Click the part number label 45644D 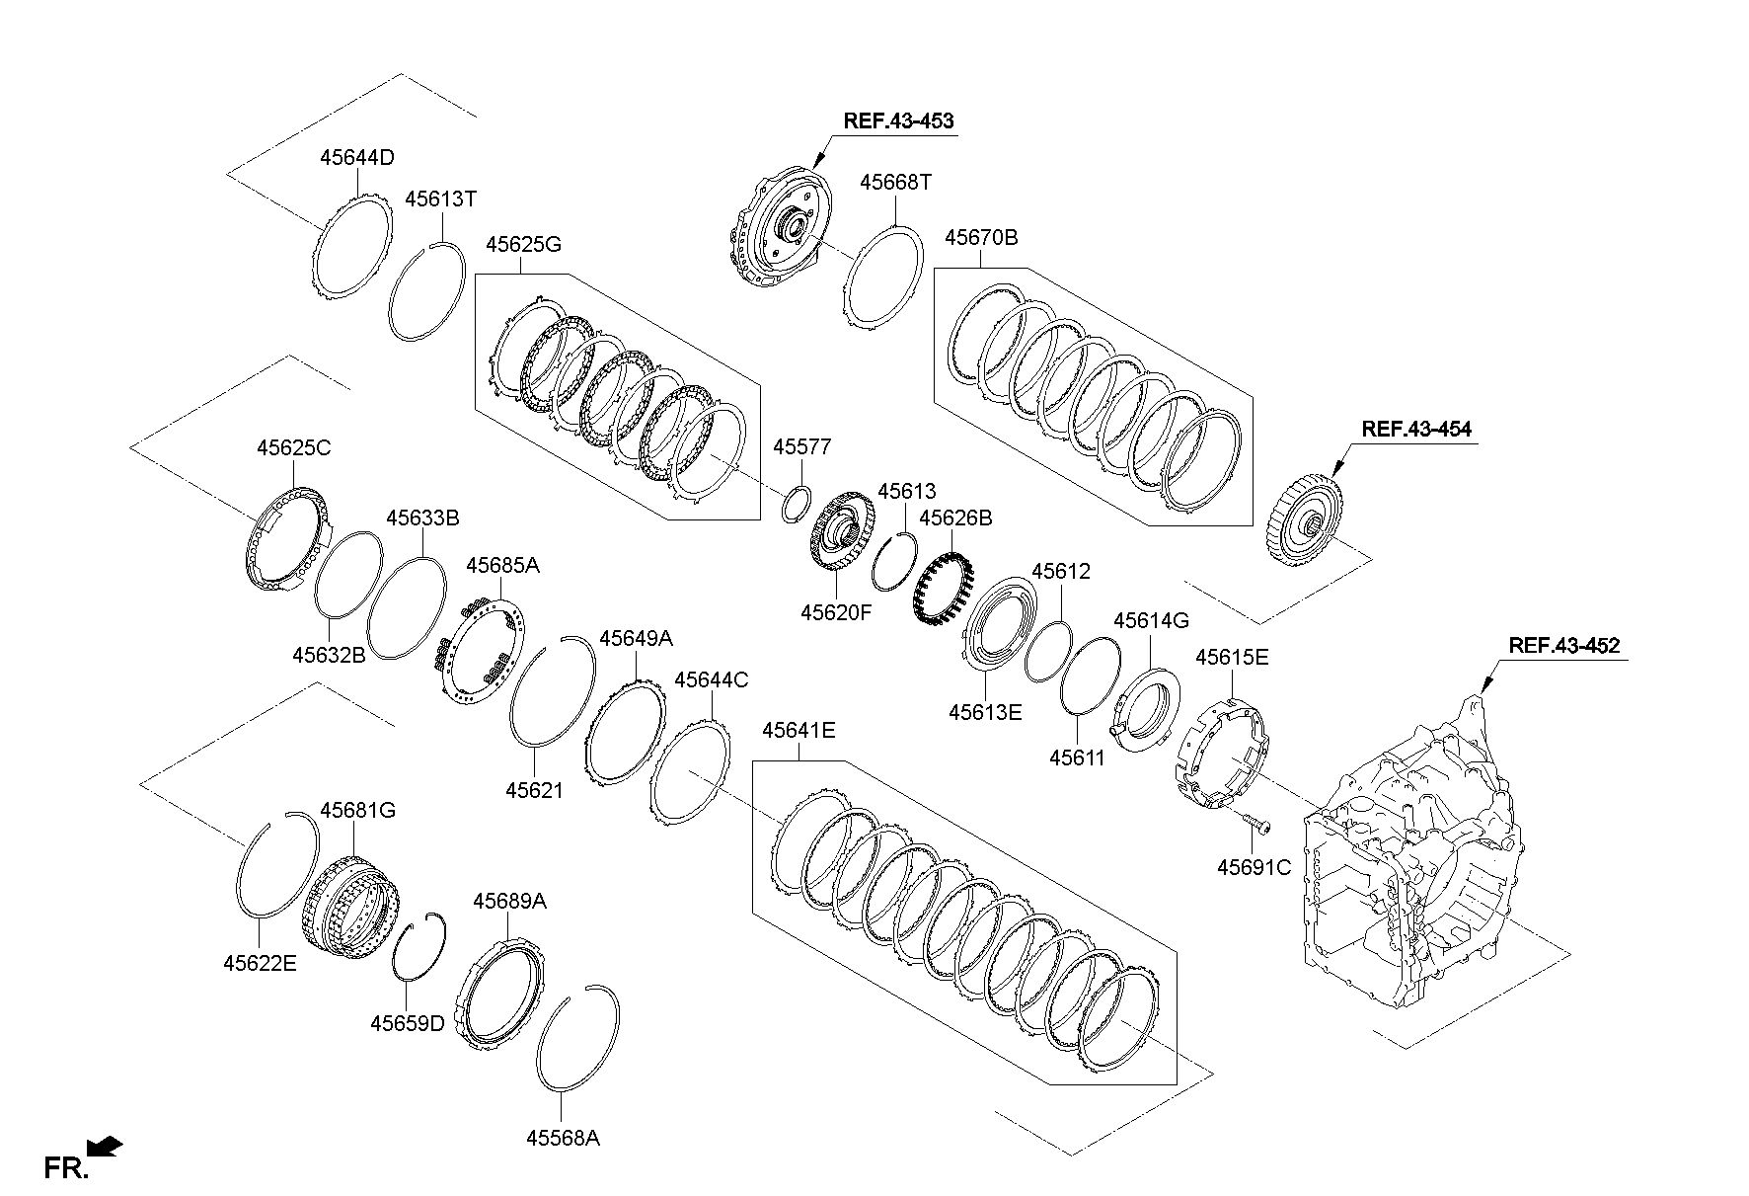357,158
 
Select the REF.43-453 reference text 898,121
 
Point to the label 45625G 524,244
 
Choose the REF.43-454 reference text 1415,430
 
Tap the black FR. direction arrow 105,1147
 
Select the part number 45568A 563,1138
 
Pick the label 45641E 798,731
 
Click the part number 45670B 981,238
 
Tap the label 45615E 1232,658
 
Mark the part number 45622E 260,963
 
